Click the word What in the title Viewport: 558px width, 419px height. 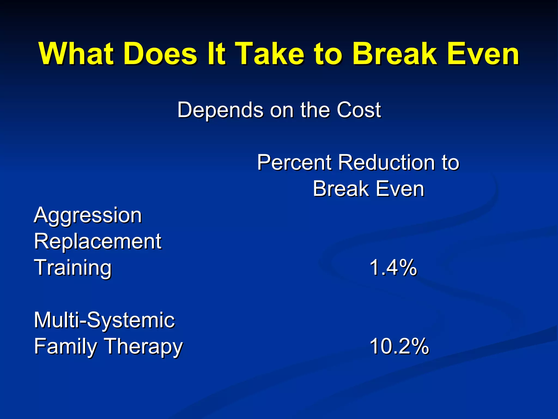pyautogui.click(x=76, y=54)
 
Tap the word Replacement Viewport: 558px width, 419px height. pyautogui.click(x=98, y=242)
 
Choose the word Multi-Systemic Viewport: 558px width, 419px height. pyautogui.click(x=104, y=320)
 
